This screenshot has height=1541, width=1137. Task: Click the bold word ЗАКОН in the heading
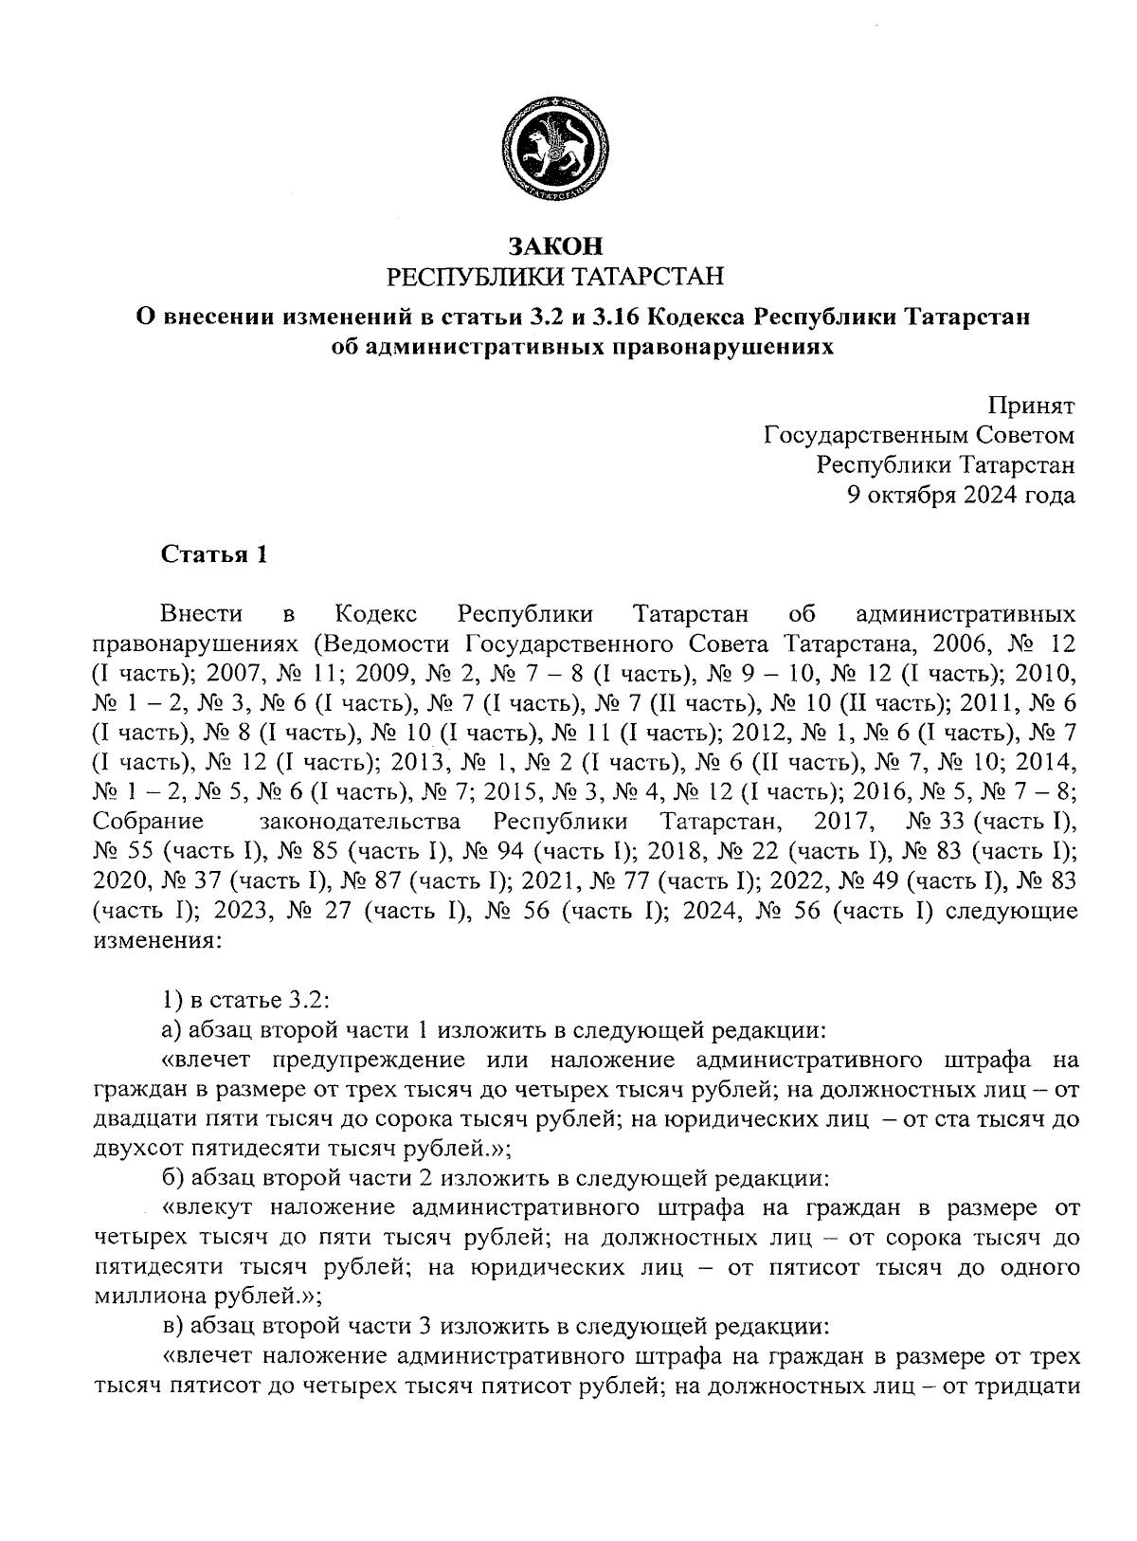click(x=555, y=247)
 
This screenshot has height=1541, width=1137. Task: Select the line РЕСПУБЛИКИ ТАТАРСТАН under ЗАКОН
click(x=555, y=277)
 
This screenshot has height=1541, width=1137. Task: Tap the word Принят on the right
click(x=1032, y=408)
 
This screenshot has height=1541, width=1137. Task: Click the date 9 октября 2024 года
click(x=961, y=495)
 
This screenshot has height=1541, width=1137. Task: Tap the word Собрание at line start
click(x=150, y=820)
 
